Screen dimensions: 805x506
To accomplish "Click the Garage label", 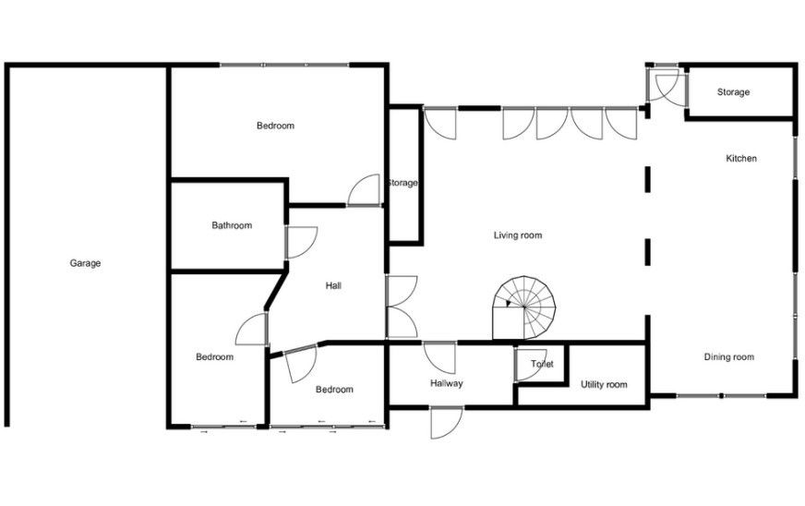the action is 85,263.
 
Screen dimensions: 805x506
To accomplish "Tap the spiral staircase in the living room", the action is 524,307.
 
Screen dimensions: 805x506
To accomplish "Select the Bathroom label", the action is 232,225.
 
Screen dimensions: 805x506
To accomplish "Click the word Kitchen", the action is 741,158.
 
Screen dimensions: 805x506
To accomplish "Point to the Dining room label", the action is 729,357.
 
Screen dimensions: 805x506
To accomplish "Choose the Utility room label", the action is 604,384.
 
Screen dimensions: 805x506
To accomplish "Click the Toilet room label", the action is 542,364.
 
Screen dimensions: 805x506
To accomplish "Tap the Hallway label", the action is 447,383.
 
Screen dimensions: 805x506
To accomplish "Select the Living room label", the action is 518,235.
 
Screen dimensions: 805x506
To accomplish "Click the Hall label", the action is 333,285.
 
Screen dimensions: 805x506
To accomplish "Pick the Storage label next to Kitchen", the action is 733,92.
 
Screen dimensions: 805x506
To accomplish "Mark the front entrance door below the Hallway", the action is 447,423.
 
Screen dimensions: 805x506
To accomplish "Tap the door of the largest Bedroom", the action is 364,190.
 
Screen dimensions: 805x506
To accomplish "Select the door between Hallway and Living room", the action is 439,357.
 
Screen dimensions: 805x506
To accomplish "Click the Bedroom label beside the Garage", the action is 214,357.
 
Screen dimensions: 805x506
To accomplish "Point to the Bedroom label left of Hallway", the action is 335,390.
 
